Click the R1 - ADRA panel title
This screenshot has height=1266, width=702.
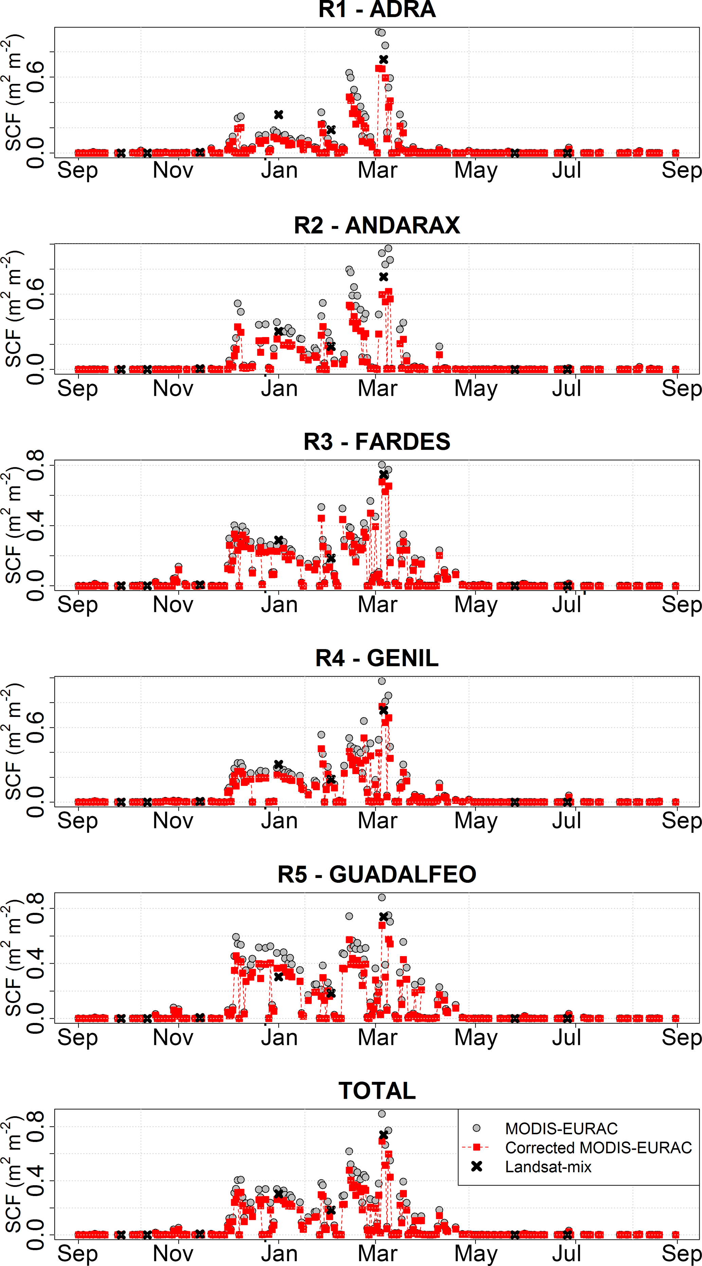377,10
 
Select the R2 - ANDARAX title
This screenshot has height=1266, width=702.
377,226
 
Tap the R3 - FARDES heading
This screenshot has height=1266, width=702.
377,442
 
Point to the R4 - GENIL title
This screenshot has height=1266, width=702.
377,658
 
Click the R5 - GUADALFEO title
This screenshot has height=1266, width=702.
377,874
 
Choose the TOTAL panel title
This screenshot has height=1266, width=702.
377,1091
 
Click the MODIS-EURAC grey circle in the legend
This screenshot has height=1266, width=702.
476,1128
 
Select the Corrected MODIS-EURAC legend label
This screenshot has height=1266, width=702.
598,1147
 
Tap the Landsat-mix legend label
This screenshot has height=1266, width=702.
548,1167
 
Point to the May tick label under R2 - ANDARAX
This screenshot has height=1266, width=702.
475,389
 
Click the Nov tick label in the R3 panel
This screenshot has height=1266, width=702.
173,604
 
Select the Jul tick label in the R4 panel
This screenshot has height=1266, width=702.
566,821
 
